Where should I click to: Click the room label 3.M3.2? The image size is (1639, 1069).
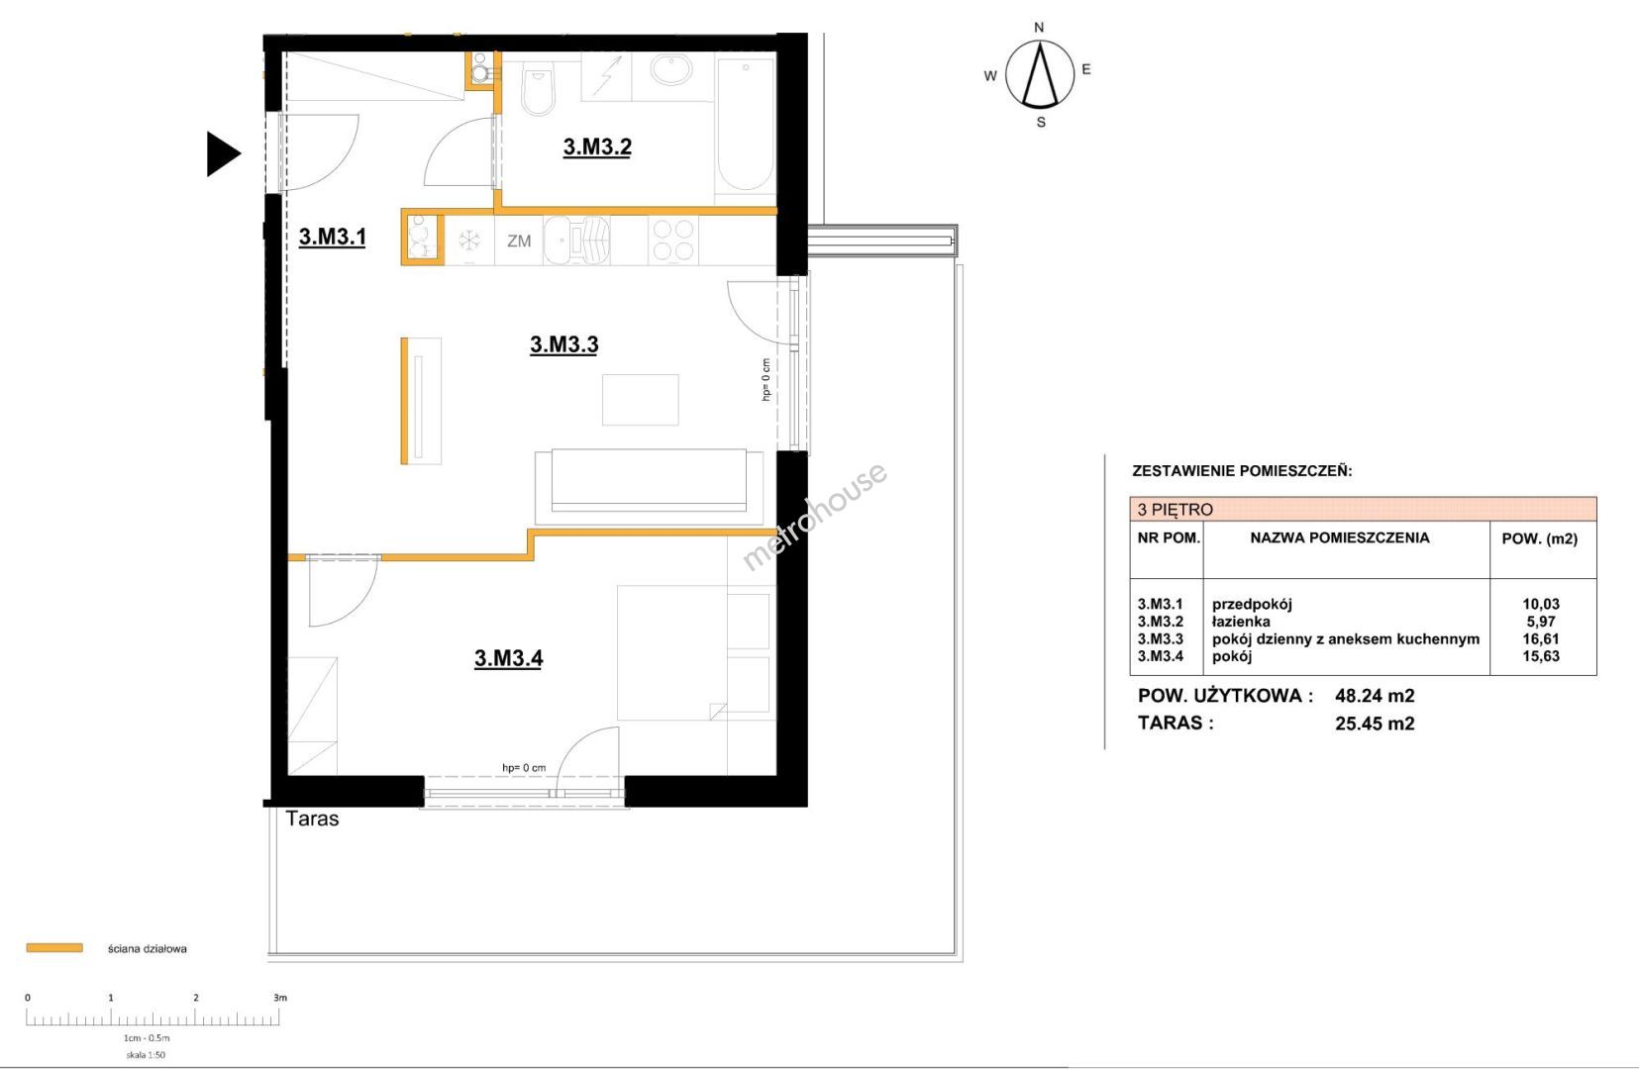[x=597, y=146]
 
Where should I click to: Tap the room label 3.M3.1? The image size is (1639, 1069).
[x=332, y=237]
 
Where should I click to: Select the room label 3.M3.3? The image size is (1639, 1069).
[x=564, y=344]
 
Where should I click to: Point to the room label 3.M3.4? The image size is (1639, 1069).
[x=508, y=658]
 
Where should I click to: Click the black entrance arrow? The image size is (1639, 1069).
[x=223, y=153]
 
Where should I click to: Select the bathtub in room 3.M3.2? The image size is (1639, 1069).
[x=745, y=125]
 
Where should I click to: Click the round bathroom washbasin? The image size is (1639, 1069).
[x=671, y=71]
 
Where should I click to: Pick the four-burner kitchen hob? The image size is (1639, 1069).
[x=673, y=240]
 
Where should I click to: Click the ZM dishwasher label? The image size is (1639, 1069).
[x=519, y=241]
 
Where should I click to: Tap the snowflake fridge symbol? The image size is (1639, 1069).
[x=469, y=240]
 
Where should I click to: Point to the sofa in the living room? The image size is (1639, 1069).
[x=649, y=486]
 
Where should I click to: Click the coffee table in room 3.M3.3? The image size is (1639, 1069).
[x=640, y=399]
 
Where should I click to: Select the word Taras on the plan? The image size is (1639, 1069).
[x=312, y=819]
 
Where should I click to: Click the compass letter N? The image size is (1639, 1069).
[x=1039, y=28]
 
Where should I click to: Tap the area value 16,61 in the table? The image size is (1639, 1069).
[x=1541, y=638]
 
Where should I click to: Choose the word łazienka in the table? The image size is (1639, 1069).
[x=1241, y=622]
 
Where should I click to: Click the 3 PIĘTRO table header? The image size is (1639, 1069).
[x=1176, y=509]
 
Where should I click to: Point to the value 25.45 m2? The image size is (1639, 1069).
[x=1375, y=724]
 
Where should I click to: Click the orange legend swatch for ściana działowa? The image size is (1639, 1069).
[x=54, y=948]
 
